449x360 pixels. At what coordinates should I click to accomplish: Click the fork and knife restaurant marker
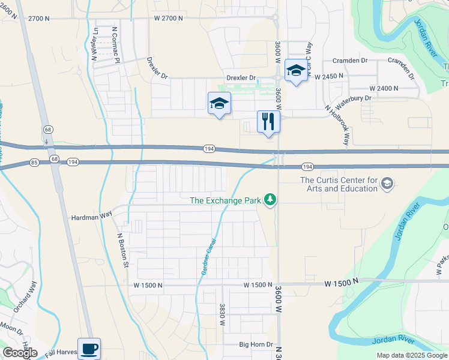coord(268,122)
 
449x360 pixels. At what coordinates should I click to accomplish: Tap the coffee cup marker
coord(89,348)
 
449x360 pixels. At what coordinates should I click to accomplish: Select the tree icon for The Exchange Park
coord(270,200)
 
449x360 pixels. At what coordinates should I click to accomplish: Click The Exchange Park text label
coord(225,200)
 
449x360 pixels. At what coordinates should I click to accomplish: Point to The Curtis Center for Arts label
coord(339,184)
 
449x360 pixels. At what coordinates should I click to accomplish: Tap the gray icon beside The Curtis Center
coord(388,184)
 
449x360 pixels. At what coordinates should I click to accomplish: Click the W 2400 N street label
coord(384,88)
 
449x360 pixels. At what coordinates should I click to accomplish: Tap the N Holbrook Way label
coord(337,125)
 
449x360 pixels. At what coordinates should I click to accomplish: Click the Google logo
coord(20,353)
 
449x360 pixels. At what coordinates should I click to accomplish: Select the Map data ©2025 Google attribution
coord(412,355)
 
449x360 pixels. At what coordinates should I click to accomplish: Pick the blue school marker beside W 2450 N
coord(295,71)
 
